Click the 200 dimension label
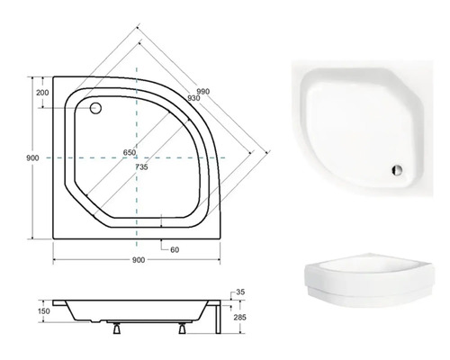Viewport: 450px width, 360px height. click(x=42, y=93)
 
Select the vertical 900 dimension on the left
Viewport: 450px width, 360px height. click(x=32, y=157)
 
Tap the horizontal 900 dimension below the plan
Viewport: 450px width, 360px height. click(x=139, y=260)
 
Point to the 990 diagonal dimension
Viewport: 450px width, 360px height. click(x=203, y=91)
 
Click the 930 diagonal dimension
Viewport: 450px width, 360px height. click(x=193, y=98)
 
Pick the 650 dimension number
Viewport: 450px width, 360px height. click(x=130, y=152)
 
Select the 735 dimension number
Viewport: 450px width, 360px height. click(x=141, y=167)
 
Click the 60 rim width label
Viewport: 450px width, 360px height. click(x=175, y=249)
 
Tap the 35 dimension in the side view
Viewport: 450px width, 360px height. click(x=240, y=292)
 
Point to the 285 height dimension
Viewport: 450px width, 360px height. click(x=239, y=317)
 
